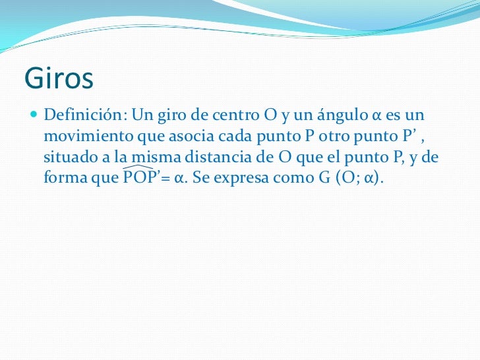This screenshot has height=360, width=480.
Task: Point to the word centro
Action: (x=234, y=116)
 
